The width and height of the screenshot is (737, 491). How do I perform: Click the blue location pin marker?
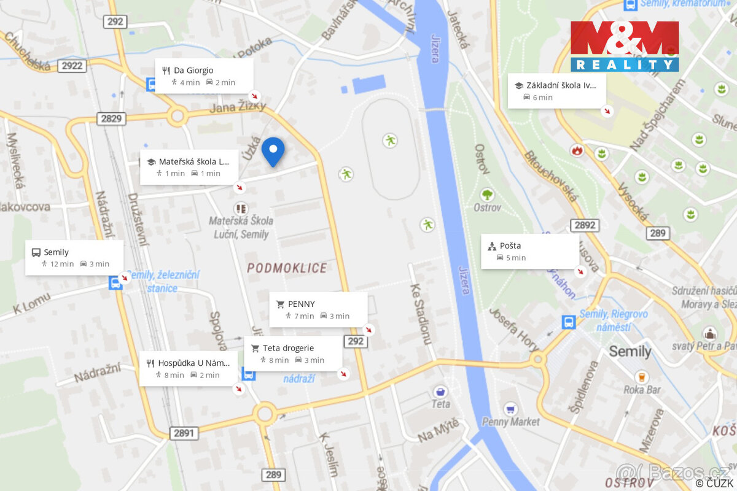273,151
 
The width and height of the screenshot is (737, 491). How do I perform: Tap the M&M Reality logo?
624,46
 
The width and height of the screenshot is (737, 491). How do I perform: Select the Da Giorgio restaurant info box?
204,76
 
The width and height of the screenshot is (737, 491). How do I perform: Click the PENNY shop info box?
318,309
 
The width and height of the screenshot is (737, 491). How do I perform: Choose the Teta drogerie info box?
293,354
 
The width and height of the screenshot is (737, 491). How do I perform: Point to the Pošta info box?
529,251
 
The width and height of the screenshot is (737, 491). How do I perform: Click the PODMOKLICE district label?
287,268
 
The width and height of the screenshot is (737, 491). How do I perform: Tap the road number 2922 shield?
72,66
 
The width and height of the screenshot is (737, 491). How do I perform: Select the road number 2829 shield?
111,118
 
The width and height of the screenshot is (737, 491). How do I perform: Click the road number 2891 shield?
184,433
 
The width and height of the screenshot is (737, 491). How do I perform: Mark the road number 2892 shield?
584,225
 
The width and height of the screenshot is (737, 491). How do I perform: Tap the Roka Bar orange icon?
642,376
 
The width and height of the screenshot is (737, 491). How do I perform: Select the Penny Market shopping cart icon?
510,409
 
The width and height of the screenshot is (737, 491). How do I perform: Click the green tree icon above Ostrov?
487,195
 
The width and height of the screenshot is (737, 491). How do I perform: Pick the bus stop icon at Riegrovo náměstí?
569,322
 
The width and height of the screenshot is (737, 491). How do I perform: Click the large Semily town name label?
630,352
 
